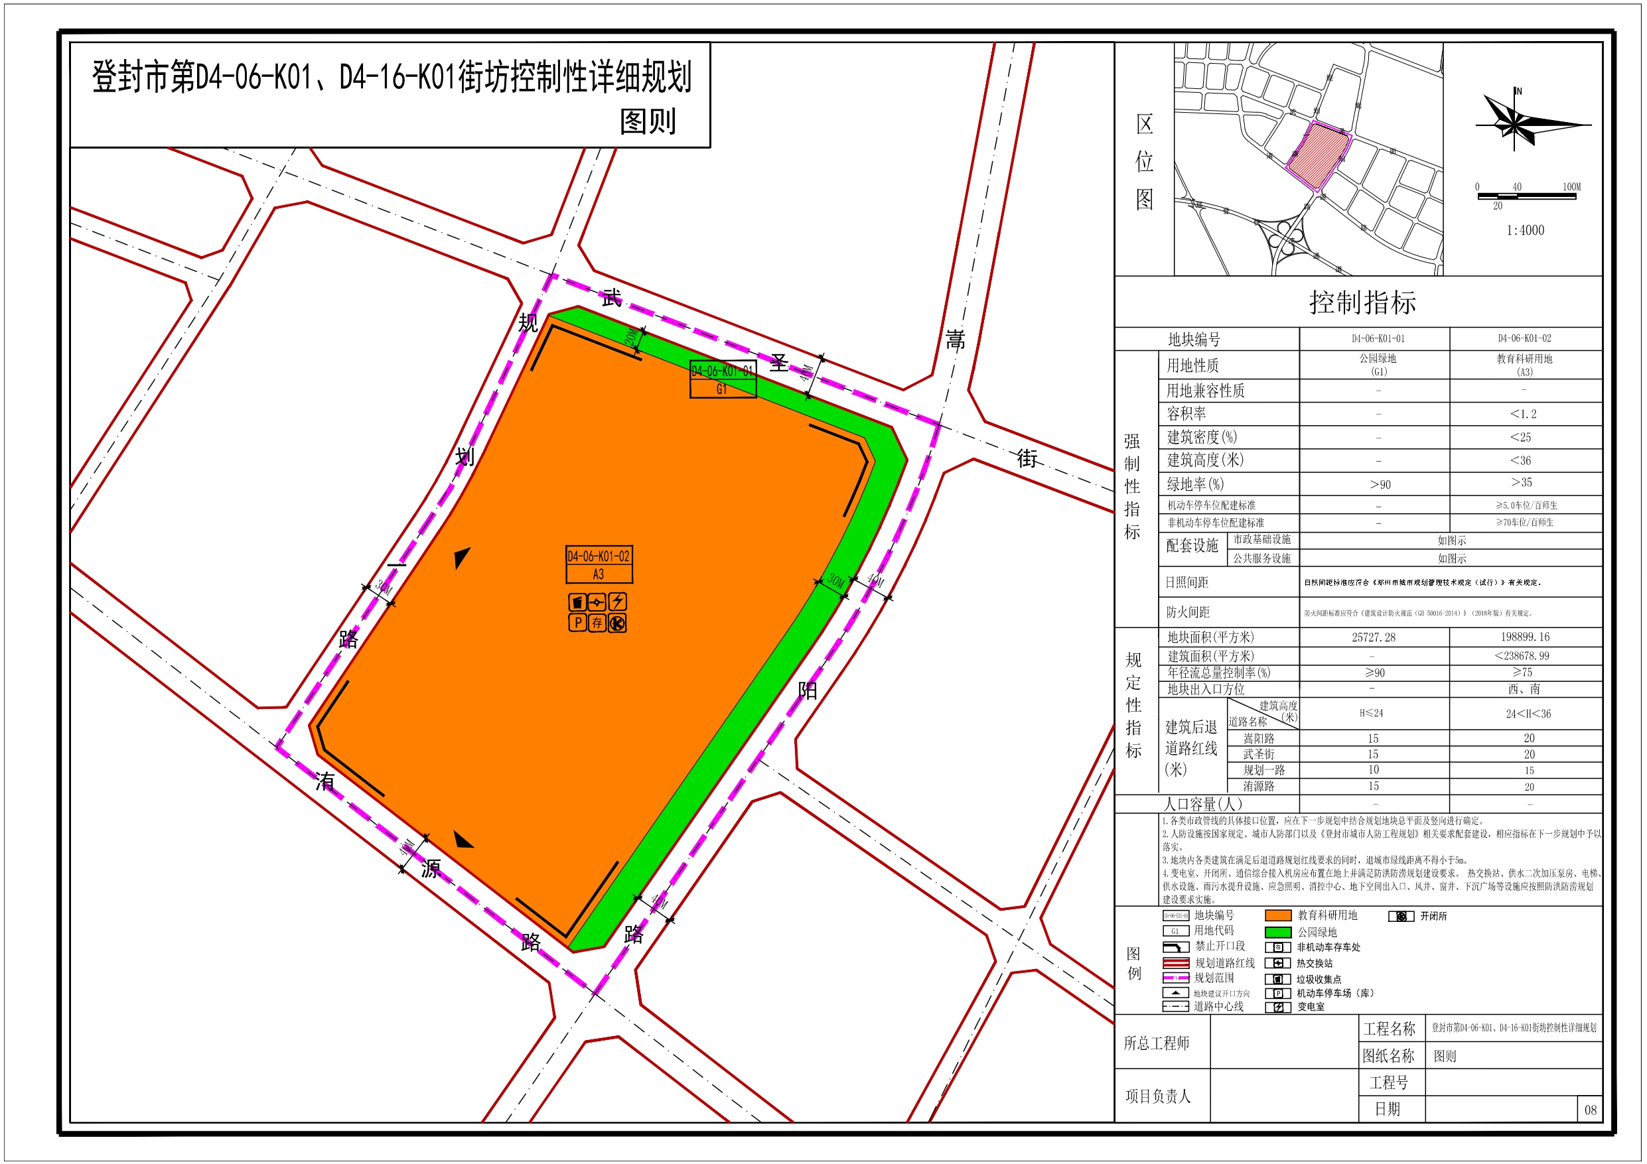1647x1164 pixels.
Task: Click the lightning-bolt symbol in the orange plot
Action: click(617, 601)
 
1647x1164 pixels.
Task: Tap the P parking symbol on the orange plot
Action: click(577, 623)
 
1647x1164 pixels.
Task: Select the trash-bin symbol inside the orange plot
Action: click(577, 602)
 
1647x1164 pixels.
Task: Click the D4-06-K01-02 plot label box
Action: click(599, 564)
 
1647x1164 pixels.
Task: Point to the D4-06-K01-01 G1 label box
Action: click(723, 379)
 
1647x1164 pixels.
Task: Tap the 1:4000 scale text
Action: click(1524, 230)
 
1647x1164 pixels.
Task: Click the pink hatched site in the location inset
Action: click(1319, 154)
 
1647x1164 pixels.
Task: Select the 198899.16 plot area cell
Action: click(1524, 637)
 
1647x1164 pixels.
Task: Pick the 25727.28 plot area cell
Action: click(1373, 637)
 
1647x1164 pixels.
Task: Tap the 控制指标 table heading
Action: click(1362, 302)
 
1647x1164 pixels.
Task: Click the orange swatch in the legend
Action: click(1277, 915)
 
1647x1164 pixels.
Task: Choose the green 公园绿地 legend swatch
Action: click(1277, 932)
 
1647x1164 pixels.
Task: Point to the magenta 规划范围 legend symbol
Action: click(1176, 978)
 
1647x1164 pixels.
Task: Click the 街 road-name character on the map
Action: click(1027, 458)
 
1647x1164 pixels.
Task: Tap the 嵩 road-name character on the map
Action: click(955, 339)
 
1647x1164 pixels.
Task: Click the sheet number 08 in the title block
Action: click(1590, 1110)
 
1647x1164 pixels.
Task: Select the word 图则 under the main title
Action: click(648, 122)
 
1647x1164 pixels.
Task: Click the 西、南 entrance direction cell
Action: click(1524, 688)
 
